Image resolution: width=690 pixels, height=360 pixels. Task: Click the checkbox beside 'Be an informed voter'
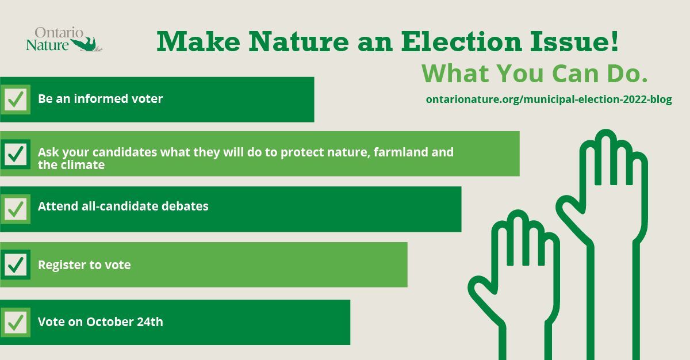[16, 99]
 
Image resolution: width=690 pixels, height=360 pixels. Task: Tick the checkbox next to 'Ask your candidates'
[16, 154]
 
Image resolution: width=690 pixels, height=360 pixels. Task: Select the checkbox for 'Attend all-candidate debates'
[16, 209]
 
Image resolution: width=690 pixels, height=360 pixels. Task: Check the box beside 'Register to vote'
[16, 265]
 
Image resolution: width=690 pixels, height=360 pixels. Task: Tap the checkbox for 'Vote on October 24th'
[16, 322]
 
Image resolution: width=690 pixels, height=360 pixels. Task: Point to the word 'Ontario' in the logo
[59, 32]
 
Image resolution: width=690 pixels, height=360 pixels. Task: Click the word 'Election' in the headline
[461, 41]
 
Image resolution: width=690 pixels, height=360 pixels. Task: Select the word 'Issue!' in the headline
[574, 41]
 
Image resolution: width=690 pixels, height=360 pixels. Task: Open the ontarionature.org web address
[549, 99]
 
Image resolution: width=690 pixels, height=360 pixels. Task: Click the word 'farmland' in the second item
[400, 152]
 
